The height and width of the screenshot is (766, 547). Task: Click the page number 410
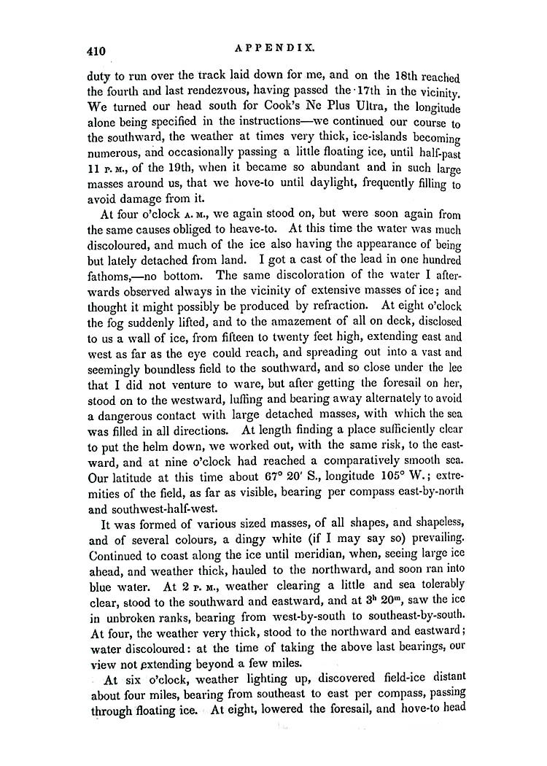[95, 50]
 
